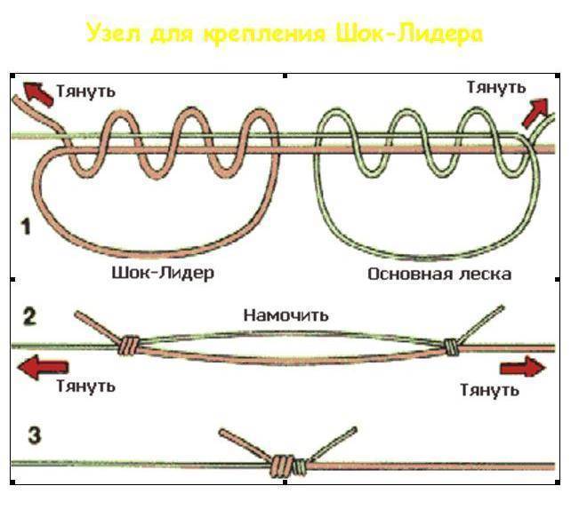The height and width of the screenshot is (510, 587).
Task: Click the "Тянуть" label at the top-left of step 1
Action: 85,91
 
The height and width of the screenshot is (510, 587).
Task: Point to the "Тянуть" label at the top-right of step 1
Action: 496,87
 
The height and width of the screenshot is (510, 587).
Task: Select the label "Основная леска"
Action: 439,274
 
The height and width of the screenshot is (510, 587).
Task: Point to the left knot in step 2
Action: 130,344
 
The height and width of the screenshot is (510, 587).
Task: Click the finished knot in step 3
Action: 285,464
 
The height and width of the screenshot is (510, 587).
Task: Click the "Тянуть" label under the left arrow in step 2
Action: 85,387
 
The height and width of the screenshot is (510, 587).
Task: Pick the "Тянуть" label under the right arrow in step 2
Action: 490,389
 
